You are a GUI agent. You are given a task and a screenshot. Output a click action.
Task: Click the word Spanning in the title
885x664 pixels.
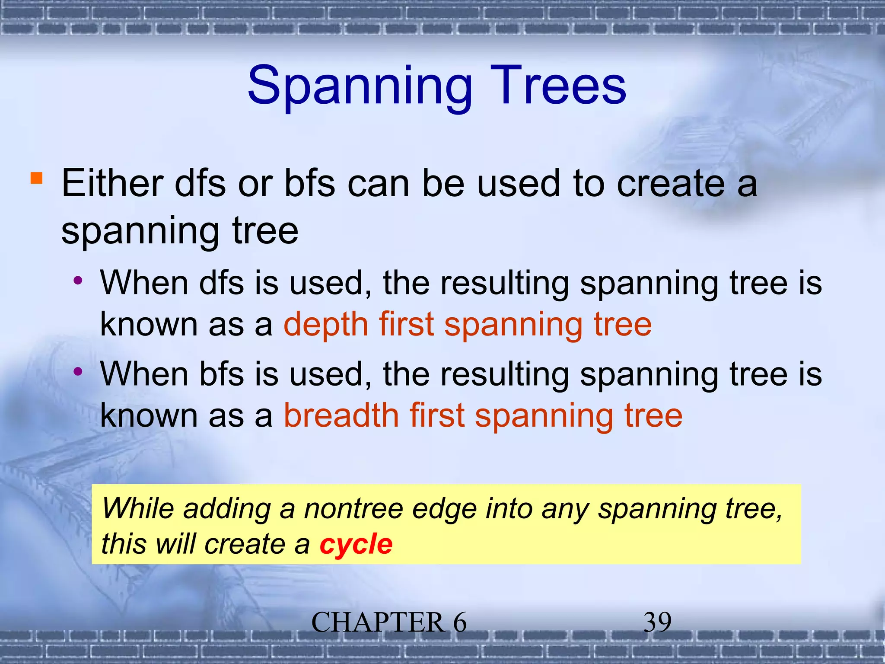pyautogui.click(x=360, y=86)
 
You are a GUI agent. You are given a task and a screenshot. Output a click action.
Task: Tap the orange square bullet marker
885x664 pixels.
pyautogui.click(x=37, y=179)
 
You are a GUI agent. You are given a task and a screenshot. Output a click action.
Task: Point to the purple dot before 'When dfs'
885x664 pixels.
pyautogui.click(x=78, y=281)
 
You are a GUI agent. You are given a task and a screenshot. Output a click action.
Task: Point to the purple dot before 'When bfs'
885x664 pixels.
pyautogui.click(x=78, y=371)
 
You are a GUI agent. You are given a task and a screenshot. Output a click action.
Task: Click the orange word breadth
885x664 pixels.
pyautogui.click(x=341, y=415)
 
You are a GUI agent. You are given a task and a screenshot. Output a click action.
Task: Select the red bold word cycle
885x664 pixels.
pyautogui.click(x=356, y=544)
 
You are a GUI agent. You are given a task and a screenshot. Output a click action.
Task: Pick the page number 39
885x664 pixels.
pyautogui.click(x=657, y=622)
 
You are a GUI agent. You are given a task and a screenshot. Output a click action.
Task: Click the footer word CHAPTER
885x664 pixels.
pyautogui.click(x=378, y=622)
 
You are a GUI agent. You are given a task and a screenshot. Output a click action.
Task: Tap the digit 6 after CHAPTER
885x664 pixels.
pyautogui.click(x=460, y=622)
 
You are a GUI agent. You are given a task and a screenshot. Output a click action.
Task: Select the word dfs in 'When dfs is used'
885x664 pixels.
pyautogui.click(x=221, y=283)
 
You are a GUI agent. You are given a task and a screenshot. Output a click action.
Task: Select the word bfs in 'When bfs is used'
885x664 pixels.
pyautogui.click(x=221, y=374)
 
